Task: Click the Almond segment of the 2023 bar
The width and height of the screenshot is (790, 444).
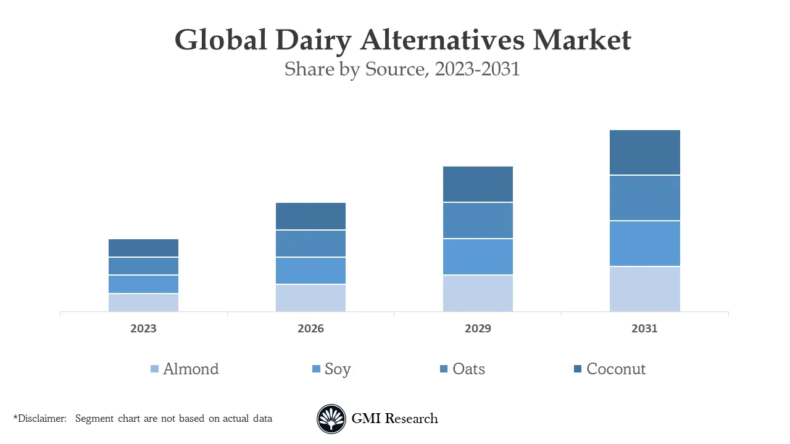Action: pos(143,303)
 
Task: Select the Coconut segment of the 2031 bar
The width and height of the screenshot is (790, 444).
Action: pos(644,152)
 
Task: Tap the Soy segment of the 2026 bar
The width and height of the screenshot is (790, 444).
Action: pos(310,271)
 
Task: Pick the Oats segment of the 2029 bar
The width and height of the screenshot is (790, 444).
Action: pos(478,220)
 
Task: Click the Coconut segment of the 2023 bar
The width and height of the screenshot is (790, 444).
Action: pos(143,248)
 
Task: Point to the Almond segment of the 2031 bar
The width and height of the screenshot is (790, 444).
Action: pos(644,289)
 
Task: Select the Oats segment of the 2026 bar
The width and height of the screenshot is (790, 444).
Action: pos(310,244)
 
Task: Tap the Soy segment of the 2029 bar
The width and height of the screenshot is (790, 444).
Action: pos(478,257)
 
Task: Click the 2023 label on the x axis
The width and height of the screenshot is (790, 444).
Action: pos(143,329)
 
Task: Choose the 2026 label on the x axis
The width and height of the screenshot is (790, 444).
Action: pos(310,329)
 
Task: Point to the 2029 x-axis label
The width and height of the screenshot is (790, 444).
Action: pos(478,329)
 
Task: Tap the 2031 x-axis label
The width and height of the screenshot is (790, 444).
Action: pos(644,329)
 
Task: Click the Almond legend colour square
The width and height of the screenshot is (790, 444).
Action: pos(154,369)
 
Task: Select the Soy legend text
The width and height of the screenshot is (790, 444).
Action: pos(338,369)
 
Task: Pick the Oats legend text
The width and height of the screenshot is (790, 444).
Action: pos(468,369)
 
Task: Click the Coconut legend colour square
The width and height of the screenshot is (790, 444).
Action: pos(578,369)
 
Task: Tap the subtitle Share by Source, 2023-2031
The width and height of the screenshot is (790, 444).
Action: pos(402,69)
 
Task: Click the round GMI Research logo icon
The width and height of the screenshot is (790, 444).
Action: pos(331,419)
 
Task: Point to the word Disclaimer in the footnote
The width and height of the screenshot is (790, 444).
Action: pos(42,419)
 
